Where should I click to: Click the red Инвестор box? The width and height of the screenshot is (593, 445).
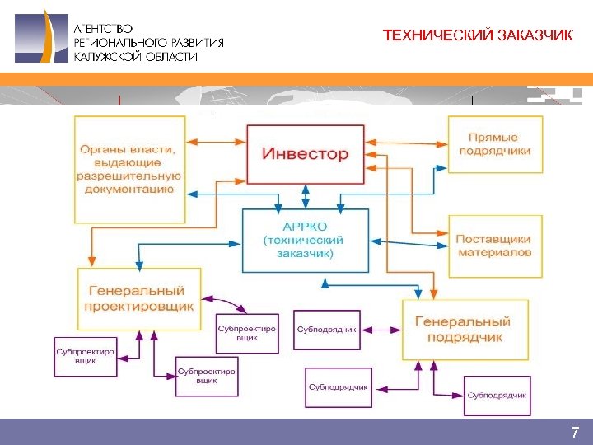pos(306,154)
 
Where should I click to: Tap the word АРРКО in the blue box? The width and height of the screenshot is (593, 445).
pos(305,226)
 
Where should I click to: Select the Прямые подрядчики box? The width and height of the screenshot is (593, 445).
pos(494,144)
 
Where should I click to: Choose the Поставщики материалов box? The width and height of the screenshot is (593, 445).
pos(494,246)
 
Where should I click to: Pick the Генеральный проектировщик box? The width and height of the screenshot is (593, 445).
pos(139,297)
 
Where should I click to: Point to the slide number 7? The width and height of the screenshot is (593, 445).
pos(575,433)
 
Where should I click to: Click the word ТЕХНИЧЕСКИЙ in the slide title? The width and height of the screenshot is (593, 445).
pos(439,36)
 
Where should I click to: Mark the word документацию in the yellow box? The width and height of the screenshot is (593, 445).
pos(130,189)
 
